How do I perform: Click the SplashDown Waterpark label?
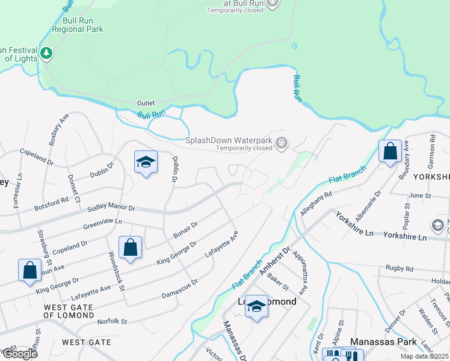[x=229, y=140]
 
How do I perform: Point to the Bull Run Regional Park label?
[x=78, y=25]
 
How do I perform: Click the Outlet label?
[x=146, y=103]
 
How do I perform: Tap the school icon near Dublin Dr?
[x=146, y=162]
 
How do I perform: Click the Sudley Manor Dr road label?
[x=111, y=208]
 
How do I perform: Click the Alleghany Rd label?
[x=316, y=204]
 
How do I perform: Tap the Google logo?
[x=19, y=354]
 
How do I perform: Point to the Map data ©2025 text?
[x=425, y=356]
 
